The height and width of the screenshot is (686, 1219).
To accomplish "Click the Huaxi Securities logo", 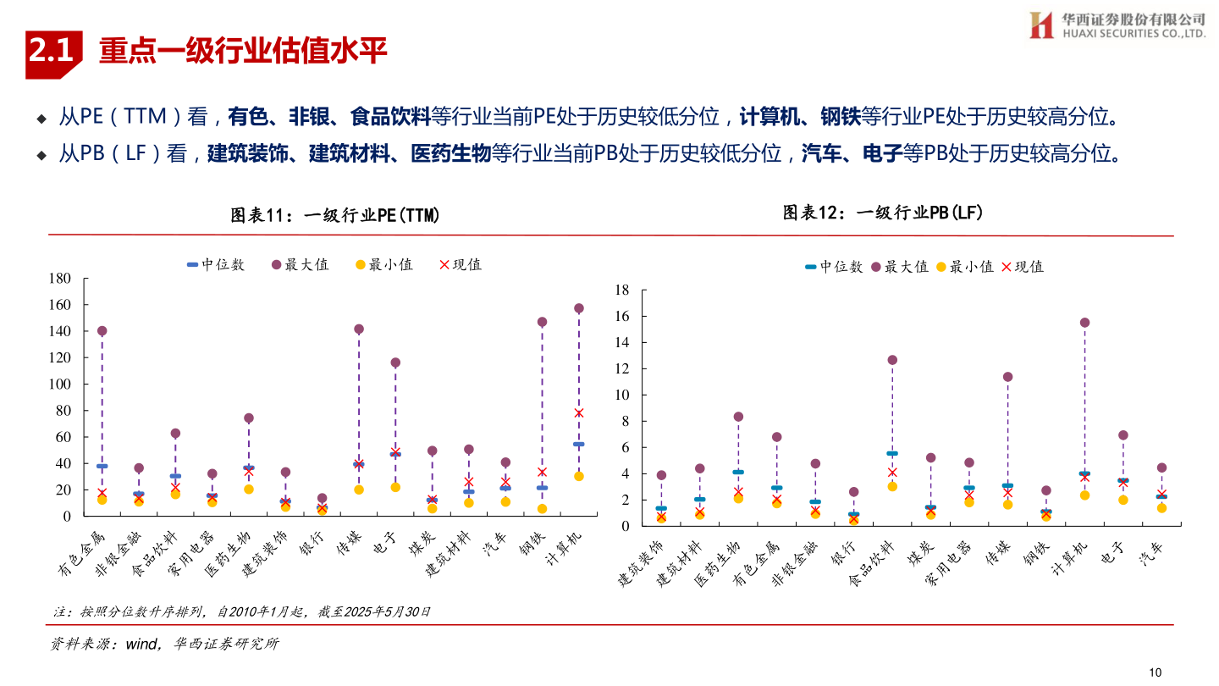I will [x=1117, y=25].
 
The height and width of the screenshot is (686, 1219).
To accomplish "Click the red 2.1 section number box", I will [x=53, y=53].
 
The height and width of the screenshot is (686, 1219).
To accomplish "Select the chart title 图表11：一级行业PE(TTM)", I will [x=336, y=215].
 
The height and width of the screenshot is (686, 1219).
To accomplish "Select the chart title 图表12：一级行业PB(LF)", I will [x=883, y=213].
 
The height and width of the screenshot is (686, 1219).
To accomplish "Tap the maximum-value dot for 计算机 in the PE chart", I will [x=579, y=308].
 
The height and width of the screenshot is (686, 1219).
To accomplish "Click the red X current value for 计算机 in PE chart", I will [x=579, y=412].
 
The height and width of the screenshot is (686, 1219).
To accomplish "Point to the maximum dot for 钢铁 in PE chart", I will [x=542, y=322].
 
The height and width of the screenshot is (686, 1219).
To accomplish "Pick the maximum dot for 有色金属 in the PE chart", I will [x=102, y=331].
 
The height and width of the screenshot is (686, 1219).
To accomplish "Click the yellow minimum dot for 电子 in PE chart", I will [x=395, y=487].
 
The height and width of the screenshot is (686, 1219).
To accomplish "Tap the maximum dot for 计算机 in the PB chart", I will [x=1084, y=323].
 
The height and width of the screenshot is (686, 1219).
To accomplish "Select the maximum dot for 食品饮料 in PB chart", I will [x=892, y=360].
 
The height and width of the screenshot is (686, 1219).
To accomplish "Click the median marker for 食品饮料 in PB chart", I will [x=892, y=454].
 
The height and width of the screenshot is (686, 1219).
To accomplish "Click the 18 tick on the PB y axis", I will [x=622, y=290].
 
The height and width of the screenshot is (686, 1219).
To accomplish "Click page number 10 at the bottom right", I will [x=1156, y=672].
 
